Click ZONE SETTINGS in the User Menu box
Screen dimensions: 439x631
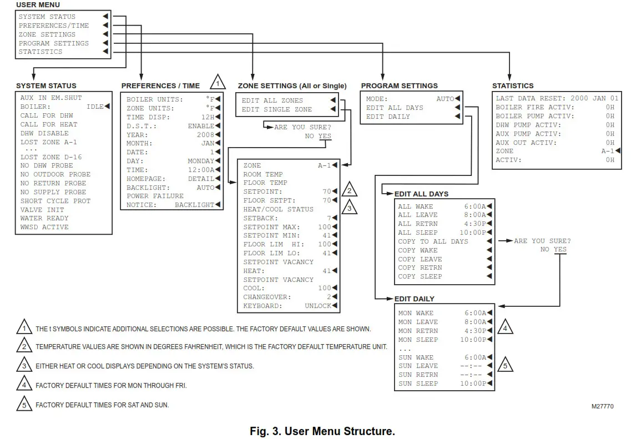47,34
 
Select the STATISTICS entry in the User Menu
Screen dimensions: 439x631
41,52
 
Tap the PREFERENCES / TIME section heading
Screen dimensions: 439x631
160,86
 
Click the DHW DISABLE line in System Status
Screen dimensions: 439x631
44,133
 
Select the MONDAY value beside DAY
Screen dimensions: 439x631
200,161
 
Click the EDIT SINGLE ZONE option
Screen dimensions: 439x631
276,109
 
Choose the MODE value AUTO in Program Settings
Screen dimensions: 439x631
445,99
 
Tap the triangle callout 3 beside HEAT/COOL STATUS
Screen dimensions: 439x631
349,208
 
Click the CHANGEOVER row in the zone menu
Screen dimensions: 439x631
264,297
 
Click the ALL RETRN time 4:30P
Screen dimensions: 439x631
475,224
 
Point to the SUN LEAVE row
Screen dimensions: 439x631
418,366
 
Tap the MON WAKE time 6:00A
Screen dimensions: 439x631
475,313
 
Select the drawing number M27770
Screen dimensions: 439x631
602,406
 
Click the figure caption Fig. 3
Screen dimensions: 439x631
322,431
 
